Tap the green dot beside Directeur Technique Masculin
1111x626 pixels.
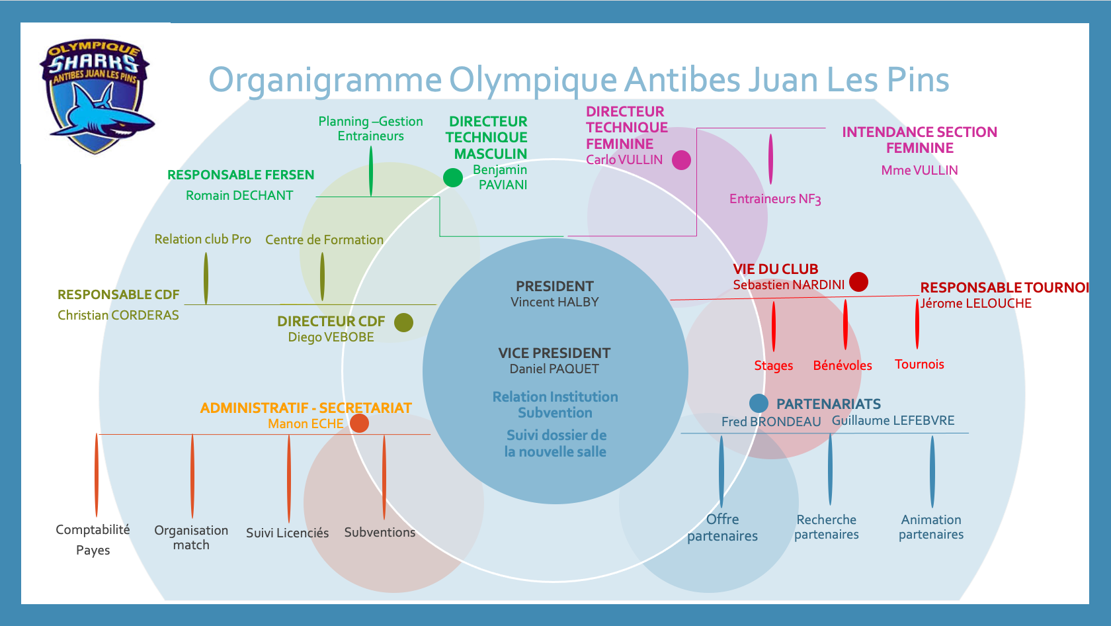[452, 177]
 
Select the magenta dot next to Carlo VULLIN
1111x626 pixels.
[681, 160]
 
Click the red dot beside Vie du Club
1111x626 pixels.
[858, 282]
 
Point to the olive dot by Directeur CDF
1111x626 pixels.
[403, 322]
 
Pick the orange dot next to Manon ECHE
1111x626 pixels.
[359, 423]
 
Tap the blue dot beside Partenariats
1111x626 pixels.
[759, 403]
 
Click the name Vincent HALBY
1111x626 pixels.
[554, 302]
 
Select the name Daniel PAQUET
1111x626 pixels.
[554, 369]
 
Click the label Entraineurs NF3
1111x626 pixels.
[775, 199]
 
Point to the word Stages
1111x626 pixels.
[773, 366]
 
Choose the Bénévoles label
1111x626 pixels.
[842, 366]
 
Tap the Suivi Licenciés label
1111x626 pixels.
[287, 533]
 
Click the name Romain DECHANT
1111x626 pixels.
[239, 196]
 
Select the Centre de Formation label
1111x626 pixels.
[324, 240]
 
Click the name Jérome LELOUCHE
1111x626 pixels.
[976, 304]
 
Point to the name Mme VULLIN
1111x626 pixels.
[919, 171]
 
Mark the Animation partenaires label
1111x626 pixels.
[931, 527]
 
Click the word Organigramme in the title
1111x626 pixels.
[325, 80]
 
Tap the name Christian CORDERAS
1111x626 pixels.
[118, 316]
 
